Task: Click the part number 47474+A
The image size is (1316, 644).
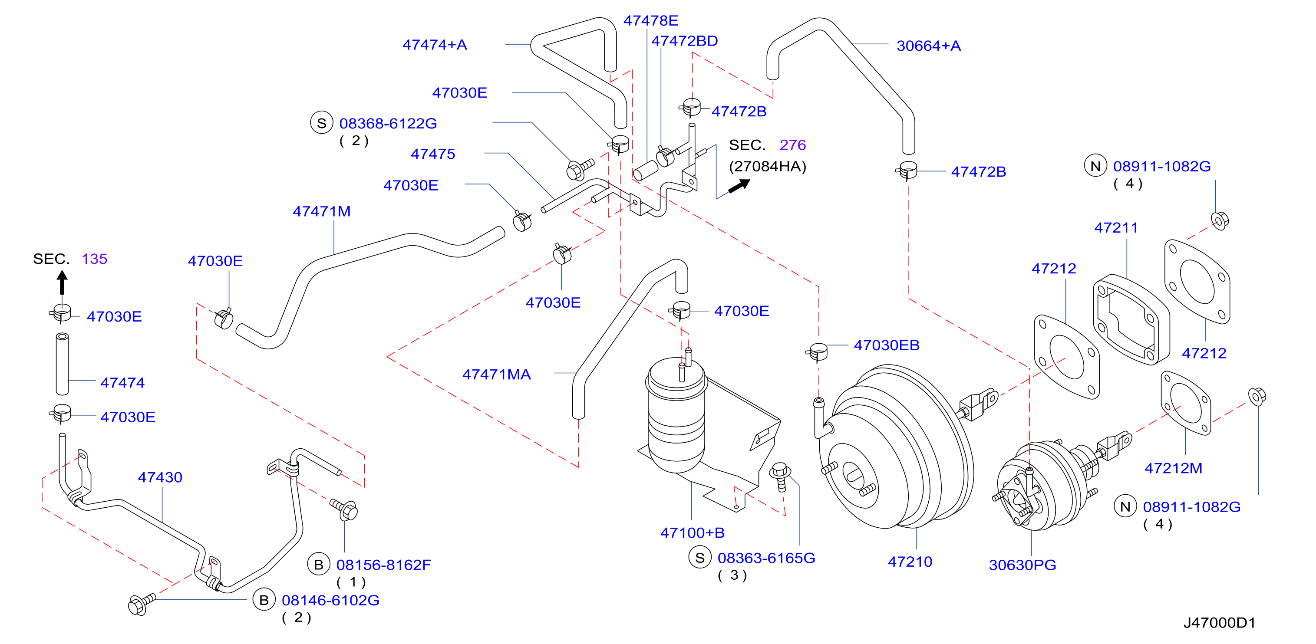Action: coord(434,45)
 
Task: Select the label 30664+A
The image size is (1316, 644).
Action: coord(928,46)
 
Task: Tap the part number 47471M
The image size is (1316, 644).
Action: coord(321,211)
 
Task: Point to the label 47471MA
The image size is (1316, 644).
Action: coord(496,375)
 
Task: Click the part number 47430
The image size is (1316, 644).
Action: coord(160,477)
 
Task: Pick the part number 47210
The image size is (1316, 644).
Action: coord(910,562)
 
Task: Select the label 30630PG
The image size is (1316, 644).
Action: coord(1022,565)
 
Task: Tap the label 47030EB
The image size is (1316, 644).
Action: coord(886,346)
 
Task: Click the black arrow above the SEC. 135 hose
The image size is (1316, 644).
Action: coord(62,283)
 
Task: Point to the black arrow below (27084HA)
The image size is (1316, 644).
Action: coord(739,186)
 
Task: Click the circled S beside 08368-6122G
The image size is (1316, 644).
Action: coord(321,124)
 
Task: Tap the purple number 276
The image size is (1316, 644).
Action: coord(792,145)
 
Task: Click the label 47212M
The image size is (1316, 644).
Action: coord(1173,468)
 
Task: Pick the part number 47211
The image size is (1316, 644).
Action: coord(1116,228)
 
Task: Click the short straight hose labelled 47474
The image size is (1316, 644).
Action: coord(62,364)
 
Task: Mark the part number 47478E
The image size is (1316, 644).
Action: coord(650,21)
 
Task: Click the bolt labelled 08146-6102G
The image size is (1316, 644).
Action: coord(142,604)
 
